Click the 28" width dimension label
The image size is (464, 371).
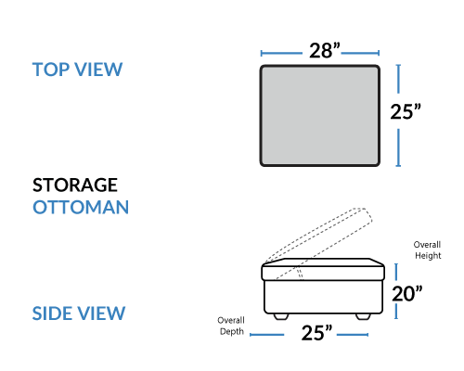[325, 50]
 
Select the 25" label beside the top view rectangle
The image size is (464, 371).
[406, 111]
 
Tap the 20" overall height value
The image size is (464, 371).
[407, 293]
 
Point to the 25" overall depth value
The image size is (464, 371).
[316, 333]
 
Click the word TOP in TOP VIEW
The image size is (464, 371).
[51, 70]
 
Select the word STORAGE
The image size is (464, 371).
[75, 185]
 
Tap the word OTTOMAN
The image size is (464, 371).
[81, 207]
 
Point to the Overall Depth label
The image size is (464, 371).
[231, 326]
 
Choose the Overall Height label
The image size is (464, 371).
[428, 249]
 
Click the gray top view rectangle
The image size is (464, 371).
[320, 116]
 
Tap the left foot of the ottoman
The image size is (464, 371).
[281, 316]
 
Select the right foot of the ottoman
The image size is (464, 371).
[363, 316]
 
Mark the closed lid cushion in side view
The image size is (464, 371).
[323, 270]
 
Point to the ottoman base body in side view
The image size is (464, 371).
[323, 297]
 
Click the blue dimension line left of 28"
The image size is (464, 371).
[281, 54]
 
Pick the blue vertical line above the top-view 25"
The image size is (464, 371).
[398, 79]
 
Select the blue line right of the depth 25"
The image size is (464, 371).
[353, 335]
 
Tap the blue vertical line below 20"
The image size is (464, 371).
[396, 312]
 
